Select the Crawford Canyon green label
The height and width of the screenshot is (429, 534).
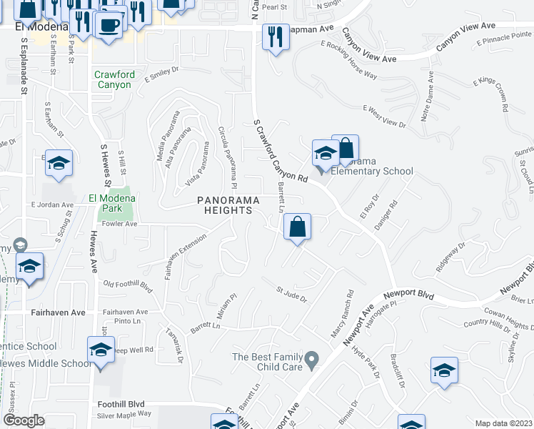[112, 79]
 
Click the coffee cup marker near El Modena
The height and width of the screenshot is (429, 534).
[109, 26]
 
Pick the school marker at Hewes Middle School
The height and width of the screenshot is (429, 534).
[101, 351]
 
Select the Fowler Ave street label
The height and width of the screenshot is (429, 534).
[119, 224]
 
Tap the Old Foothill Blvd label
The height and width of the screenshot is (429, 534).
[129, 285]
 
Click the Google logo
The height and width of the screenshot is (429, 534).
[24, 421]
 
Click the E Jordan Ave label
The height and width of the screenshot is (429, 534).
[51, 204]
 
